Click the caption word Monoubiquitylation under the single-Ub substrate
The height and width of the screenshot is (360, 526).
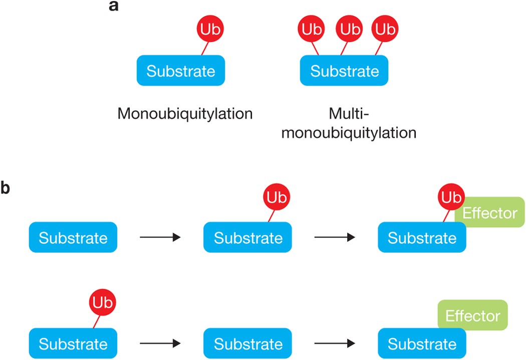pyautogui.click(x=184, y=114)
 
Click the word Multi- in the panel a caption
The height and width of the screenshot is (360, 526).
pyautogui.click(x=349, y=114)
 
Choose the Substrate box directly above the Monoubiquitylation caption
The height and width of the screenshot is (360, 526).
pyautogui.click(x=181, y=71)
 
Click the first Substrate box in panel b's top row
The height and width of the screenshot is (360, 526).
pyautogui.click(x=73, y=238)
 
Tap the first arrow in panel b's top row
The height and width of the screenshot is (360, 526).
pyautogui.click(x=160, y=238)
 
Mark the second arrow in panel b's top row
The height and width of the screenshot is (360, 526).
pyautogui.click(x=334, y=238)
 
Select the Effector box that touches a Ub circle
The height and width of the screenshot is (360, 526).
pyautogui.click(x=489, y=213)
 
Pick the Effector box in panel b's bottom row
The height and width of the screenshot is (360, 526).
pyautogui.click(x=472, y=315)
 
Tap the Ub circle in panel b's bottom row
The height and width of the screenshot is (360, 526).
pyautogui.click(x=102, y=303)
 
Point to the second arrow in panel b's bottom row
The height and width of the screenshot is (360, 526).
pyautogui.click(x=334, y=344)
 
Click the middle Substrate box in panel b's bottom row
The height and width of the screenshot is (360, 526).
pyautogui.click(x=247, y=344)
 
